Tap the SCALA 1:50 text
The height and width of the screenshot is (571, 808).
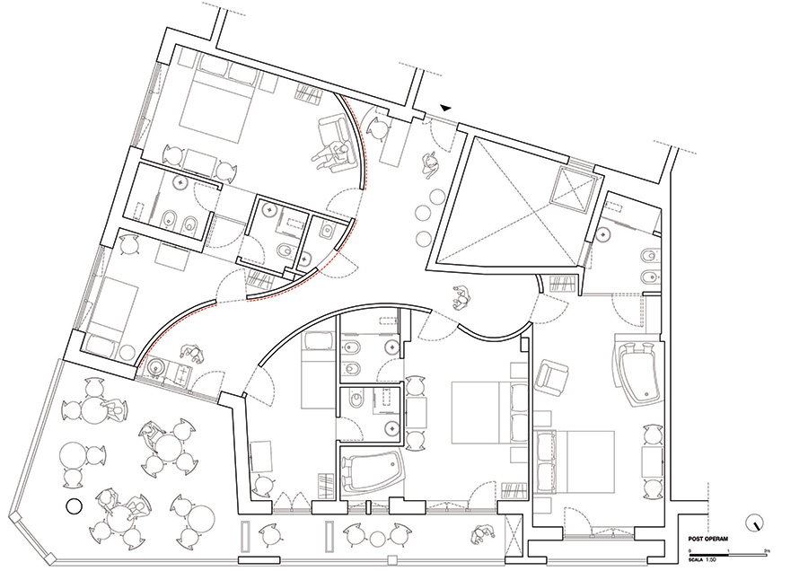702,558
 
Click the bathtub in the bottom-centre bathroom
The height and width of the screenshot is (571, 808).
375,474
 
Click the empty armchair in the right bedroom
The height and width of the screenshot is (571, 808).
552,375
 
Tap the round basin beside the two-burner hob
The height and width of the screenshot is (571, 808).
158,366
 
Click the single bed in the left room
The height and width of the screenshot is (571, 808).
113,306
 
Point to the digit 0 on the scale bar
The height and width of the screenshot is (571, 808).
689,549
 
